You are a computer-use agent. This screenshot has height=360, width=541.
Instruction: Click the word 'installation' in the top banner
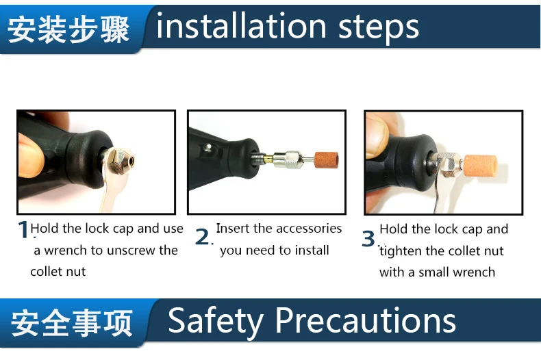[241, 26]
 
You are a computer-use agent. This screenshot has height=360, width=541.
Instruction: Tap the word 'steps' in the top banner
[379, 28]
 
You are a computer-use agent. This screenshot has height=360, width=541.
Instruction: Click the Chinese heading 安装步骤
[68, 30]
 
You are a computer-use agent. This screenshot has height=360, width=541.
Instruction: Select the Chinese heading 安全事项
[71, 323]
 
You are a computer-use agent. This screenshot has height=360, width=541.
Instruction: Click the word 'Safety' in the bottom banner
[216, 321]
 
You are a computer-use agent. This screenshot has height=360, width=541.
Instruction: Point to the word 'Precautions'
[365, 320]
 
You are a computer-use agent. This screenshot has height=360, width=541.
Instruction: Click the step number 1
[23, 229]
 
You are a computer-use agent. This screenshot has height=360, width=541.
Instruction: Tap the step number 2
[203, 237]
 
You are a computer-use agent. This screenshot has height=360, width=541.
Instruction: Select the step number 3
[368, 238]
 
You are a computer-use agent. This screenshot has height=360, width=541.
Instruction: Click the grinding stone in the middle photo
[326, 159]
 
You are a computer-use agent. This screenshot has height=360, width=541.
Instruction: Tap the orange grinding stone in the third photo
[481, 166]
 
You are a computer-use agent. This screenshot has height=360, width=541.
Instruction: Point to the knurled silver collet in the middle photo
[288, 159]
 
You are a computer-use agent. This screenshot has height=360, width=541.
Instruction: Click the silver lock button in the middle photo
[207, 148]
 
